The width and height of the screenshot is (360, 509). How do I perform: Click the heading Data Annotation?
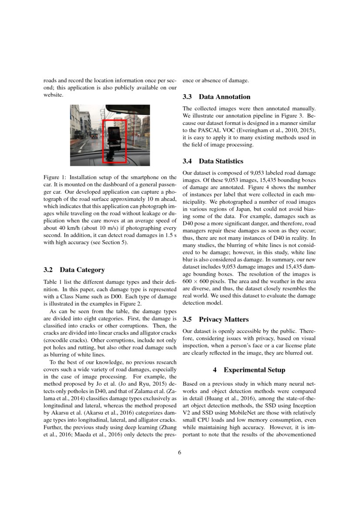(x=225, y=97)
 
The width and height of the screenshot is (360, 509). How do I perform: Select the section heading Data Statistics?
(x=221, y=161)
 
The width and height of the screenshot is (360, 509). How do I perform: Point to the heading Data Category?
(x=82, y=270)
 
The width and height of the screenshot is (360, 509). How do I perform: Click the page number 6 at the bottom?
(x=179, y=452)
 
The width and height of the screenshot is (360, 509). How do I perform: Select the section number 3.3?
(x=188, y=97)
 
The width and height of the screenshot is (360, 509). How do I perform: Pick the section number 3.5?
(x=188, y=319)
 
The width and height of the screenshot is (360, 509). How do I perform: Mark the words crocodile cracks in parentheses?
(x=64, y=341)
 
